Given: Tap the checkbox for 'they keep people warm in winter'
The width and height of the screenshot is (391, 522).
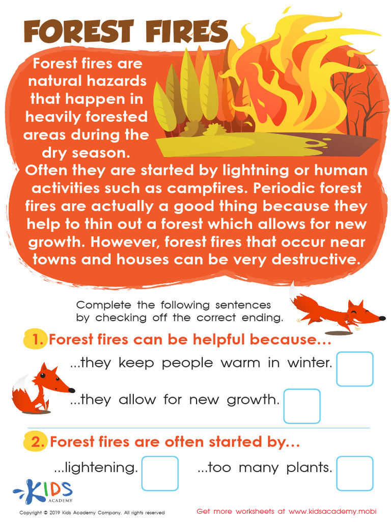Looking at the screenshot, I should coord(354,369).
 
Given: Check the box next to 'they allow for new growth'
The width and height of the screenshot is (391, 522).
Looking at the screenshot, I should coord(301,406).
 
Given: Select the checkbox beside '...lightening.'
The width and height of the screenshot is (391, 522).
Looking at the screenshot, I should coord(160,473).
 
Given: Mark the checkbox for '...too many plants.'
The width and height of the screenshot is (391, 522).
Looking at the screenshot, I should coord(354,473).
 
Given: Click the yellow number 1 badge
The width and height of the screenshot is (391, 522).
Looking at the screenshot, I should coord(36,339).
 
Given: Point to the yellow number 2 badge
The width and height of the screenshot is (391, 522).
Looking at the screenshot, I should coord(36,442).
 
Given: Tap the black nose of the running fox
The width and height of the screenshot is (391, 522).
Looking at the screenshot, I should coord(382,319).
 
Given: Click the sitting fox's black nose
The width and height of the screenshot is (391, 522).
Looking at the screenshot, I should coord(72,390).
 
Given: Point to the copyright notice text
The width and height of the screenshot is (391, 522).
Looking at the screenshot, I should coord(92,512).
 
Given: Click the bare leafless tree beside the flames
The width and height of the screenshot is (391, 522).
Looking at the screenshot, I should coord(356,97).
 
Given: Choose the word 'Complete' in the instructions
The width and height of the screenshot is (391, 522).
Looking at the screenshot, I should coord(104,305).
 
